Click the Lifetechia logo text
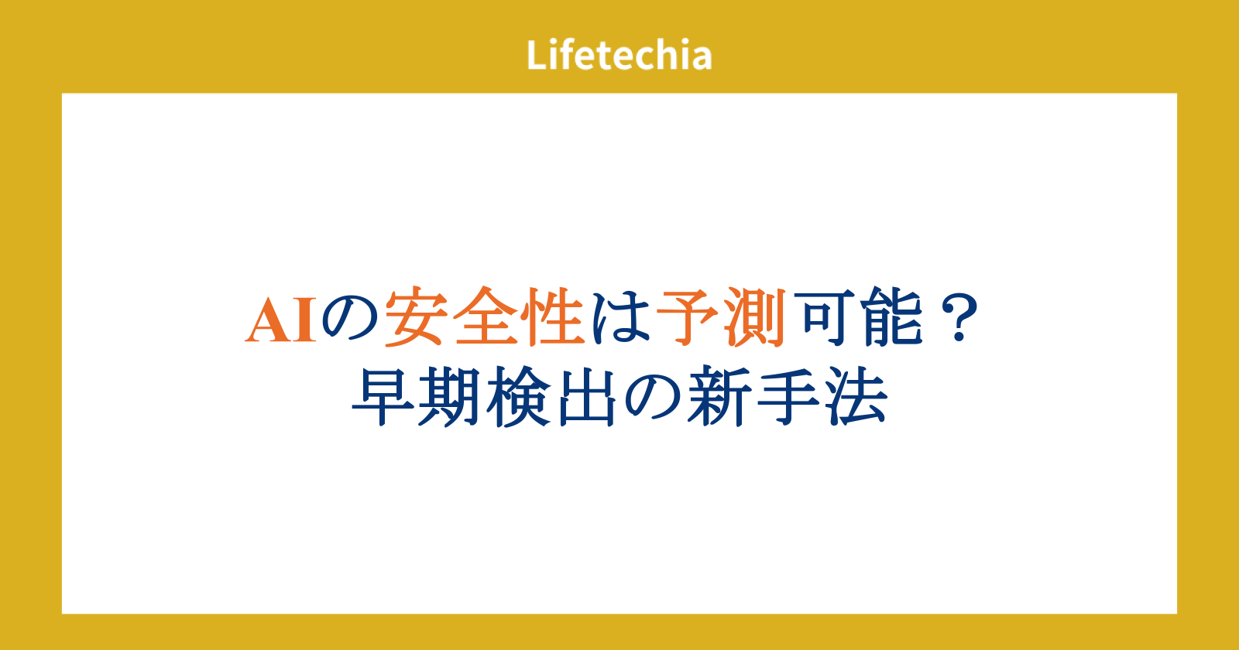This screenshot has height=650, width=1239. coord(619,55)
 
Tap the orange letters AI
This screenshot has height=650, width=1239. coord(281,320)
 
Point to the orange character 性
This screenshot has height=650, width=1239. coord(554,316)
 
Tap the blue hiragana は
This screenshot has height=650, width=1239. coord(620,318)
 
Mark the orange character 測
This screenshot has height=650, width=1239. coord(756,316)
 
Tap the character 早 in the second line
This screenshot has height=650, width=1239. coord(383,396)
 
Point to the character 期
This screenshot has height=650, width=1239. coord(449,396)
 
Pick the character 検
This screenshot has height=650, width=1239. coord(519,396)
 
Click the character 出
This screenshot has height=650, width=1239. coord(587,396)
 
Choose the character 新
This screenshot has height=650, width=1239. coord(719,396)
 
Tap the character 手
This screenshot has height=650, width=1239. coord(788,396)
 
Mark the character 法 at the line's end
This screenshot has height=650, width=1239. coord(856,396)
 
